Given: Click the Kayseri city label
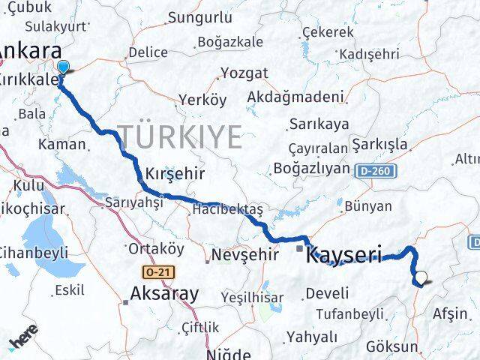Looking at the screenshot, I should pyautogui.click(x=345, y=255).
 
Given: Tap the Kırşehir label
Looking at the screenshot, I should pyautogui.click(x=175, y=172).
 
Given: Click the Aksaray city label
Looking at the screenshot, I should pyautogui.click(x=165, y=293).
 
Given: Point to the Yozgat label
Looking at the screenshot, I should pyautogui.click(x=243, y=73).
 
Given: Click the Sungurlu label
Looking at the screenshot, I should pyautogui.click(x=198, y=17).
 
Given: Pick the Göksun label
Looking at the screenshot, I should pyautogui.click(x=392, y=346).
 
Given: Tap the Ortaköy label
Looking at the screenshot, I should pyautogui.click(x=156, y=248).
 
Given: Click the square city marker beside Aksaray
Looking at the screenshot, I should pyautogui.click(x=125, y=302).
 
